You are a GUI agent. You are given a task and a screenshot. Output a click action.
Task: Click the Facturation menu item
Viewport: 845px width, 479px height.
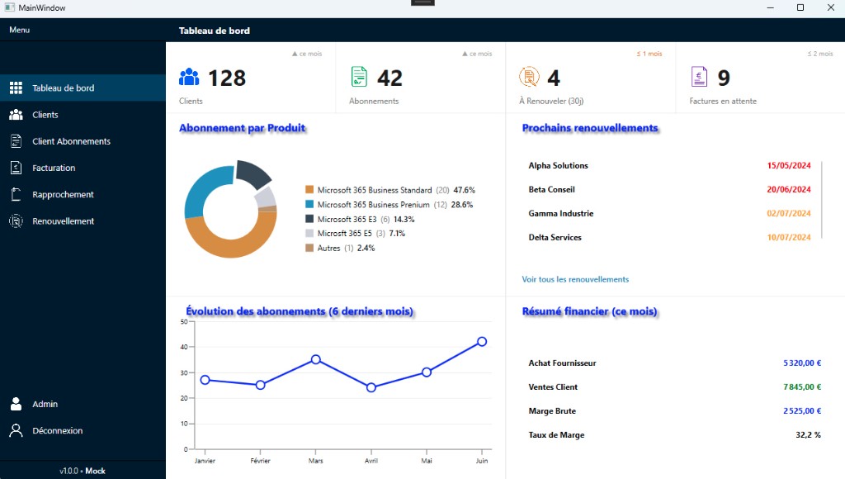point(54,168)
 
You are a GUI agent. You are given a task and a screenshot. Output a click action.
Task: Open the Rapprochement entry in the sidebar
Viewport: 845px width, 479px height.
point(63,194)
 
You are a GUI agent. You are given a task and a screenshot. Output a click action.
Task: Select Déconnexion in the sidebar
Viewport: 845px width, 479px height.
point(57,430)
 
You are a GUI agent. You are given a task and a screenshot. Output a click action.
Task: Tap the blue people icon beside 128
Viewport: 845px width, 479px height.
point(189,77)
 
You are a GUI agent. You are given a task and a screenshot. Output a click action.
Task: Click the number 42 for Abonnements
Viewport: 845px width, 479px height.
point(389,78)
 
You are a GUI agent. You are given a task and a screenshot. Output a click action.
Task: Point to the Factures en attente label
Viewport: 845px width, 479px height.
point(723,101)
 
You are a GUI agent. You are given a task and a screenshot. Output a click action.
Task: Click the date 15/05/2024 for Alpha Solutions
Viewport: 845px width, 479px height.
point(788,166)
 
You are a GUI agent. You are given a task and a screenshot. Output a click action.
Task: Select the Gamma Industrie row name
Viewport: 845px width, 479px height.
point(560,213)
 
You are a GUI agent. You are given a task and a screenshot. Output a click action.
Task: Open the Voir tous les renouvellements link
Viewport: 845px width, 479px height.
point(575,279)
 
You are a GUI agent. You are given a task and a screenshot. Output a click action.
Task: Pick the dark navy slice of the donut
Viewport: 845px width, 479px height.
point(253,173)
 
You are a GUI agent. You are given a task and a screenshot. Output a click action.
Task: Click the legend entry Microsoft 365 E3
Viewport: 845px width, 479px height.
point(347,219)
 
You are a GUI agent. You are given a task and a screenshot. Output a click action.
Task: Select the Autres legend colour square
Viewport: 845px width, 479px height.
point(309,248)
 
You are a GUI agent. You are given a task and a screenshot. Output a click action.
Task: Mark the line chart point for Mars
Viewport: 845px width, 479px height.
point(316,359)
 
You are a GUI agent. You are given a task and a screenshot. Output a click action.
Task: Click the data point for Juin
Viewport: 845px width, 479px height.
point(482,341)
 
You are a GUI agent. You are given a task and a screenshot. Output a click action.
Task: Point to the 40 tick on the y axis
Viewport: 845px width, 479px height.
point(184,347)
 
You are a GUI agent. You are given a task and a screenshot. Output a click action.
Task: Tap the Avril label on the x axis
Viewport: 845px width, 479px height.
point(371,461)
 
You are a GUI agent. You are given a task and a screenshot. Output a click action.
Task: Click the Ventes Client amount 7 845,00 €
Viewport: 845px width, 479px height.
point(802,387)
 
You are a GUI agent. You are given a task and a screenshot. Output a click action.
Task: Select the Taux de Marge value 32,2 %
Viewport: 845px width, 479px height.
point(808,434)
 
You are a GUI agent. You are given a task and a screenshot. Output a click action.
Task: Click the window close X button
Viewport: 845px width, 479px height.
point(830,7)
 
